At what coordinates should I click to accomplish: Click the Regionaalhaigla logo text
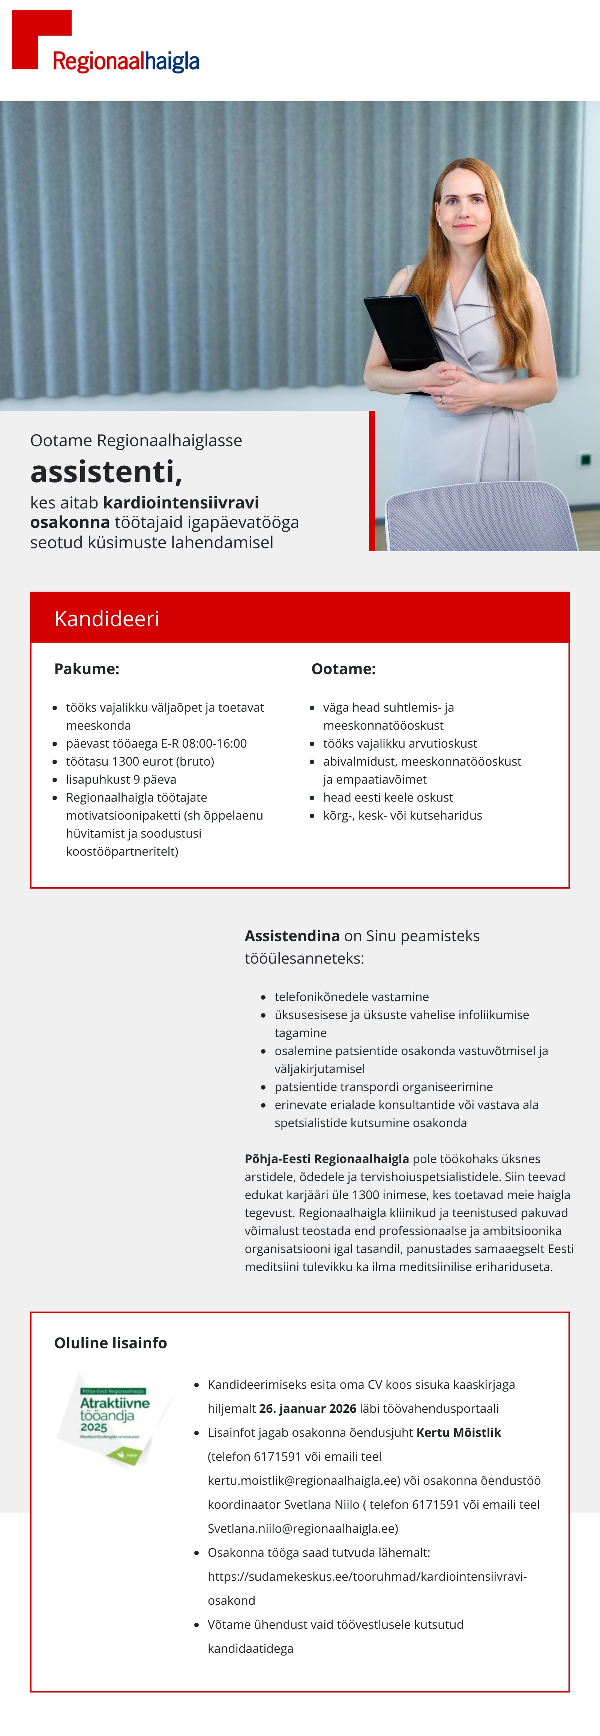pyautogui.click(x=126, y=61)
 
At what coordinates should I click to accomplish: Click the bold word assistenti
pyautogui.click(x=106, y=472)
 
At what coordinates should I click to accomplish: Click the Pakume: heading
pyautogui.click(x=86, y=669)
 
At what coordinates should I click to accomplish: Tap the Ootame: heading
pyautogui.click(x=343, y=669)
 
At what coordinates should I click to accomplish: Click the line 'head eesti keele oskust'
pyautogui.click(x=388, y=797)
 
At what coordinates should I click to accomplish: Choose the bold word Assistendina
pyautogui.click(x=292, y=936)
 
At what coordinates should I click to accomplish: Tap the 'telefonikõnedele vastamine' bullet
pyautogui.click(x=351, y=997)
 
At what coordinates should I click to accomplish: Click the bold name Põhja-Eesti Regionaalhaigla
pyautogui.click(x=326, y=1159)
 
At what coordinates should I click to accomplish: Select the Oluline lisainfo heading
pyautogui.click(x=111, y=1343)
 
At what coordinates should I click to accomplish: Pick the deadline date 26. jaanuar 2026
pyautogui.click(x=307, y=1408)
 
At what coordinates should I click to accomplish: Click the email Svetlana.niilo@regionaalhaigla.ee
pyautogui.click(x=303, y=1528)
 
